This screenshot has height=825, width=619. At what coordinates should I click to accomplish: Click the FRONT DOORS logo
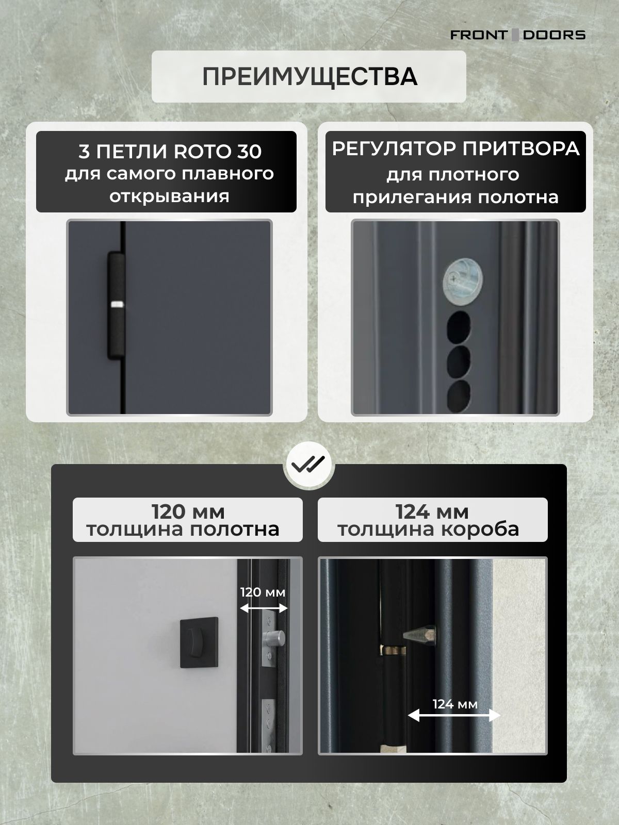coord(517,35)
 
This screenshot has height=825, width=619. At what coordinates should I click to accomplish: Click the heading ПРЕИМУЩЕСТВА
coord(309,76)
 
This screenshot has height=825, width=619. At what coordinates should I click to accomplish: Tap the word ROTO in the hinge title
coord(198,151)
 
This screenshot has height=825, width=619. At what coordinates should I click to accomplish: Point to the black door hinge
coord(117,305)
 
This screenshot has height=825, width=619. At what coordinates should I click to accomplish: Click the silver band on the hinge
coord(117,304)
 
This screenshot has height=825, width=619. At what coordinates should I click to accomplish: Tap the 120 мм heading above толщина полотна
coord(188,511)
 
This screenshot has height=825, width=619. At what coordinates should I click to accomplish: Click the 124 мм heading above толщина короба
coord(432,511)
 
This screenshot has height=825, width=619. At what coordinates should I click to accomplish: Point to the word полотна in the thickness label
coord(234,529)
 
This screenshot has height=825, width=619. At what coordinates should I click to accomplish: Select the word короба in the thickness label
coord(480,530)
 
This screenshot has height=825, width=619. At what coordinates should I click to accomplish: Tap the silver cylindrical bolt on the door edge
coord(275,638)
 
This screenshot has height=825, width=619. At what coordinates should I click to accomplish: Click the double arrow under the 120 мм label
coord(264,608)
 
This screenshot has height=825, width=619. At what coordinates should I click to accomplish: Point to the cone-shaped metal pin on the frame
coord(420,635)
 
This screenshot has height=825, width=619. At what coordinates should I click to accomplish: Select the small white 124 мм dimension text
coord(455,704)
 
